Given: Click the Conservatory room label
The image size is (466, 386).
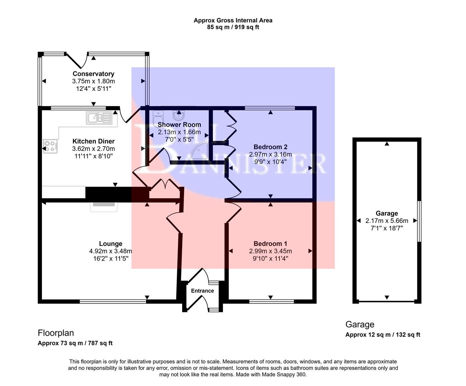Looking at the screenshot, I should (93, 74).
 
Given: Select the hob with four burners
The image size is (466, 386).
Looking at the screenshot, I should (50, 146).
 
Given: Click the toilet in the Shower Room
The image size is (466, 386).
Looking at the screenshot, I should (158, 116).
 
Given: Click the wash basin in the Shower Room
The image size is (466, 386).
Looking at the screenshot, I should (178, 115).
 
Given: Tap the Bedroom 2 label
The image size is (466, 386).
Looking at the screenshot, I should (270, 147).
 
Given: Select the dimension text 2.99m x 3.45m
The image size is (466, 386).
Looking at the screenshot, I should (270, 251).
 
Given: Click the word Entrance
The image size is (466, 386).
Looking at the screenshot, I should (202, 291).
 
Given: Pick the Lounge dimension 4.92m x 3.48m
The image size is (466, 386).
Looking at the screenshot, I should (111, 251).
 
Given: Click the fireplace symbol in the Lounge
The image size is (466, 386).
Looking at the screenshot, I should (104, 206).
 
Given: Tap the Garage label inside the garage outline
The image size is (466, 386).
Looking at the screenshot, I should (387, 213).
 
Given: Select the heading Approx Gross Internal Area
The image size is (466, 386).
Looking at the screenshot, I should (233, 20).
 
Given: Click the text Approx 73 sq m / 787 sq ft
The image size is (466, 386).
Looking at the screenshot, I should (75, 343).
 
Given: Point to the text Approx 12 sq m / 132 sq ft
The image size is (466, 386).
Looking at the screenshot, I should (383, 335).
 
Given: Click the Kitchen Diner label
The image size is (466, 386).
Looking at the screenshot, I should (93, 141).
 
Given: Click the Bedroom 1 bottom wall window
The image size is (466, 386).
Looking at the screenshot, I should (271, 301).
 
